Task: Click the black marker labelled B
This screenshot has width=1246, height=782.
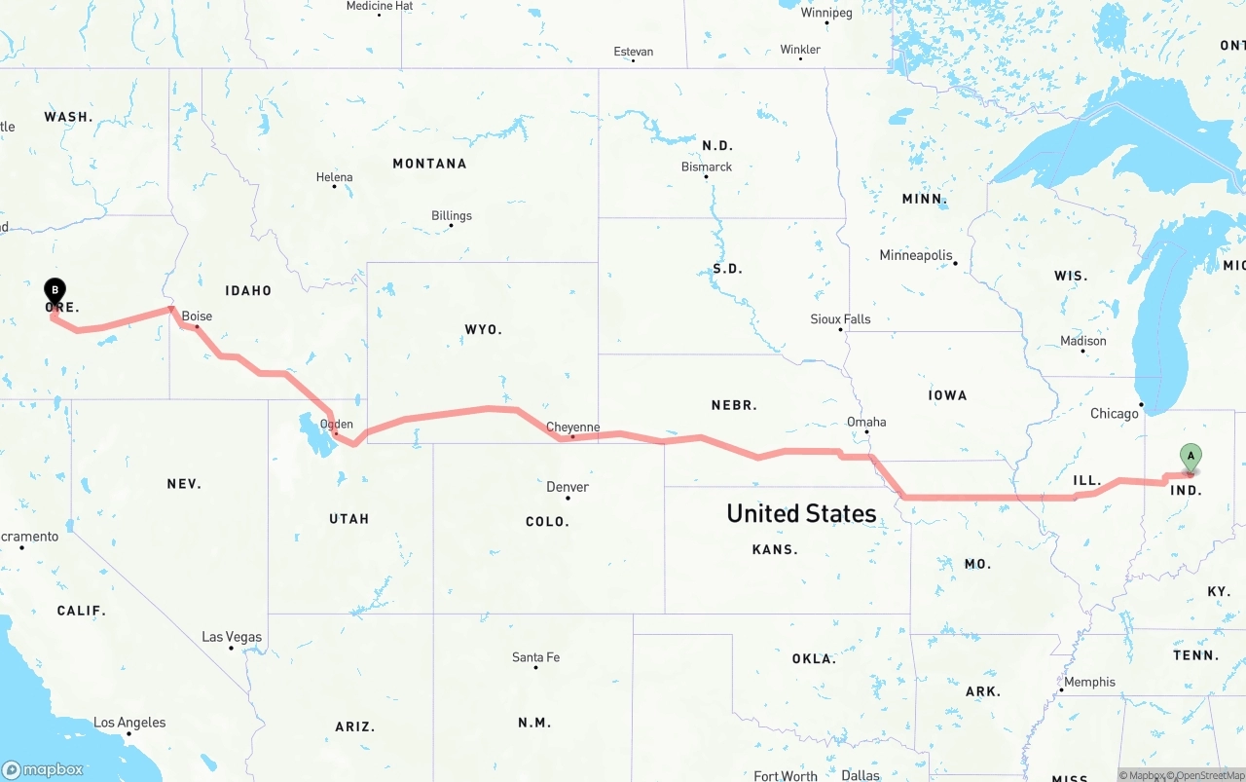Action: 55,290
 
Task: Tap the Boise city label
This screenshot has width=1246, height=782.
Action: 197,317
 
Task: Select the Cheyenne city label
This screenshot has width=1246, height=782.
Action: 572,428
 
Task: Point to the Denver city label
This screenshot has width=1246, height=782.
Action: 568,487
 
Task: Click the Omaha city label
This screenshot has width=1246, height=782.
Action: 866,422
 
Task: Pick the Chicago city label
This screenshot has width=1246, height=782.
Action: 1115,413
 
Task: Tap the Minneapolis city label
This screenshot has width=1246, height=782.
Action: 916,255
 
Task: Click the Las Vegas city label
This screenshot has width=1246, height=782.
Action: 232,637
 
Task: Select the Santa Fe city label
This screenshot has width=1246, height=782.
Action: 535,657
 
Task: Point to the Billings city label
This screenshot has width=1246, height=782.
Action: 452,215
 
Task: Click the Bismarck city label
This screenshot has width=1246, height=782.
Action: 707,167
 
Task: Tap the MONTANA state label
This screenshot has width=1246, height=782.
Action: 429,164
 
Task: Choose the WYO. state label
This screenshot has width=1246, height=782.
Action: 484,330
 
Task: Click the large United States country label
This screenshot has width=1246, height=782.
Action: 801,513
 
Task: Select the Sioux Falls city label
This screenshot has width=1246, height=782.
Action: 840,318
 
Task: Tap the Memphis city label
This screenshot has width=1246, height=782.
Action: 1089,682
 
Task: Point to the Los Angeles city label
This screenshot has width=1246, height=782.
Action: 129,723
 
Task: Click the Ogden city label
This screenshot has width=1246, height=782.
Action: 337,424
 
